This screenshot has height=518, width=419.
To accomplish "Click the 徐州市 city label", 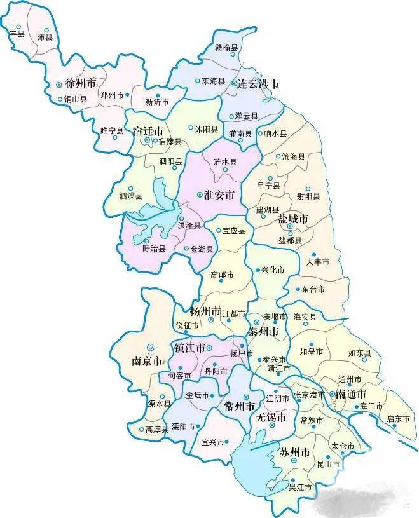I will click(81, 83).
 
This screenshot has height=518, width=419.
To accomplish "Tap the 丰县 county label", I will click(17, 34).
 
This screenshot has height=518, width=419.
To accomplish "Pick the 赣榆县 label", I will click(226, 47).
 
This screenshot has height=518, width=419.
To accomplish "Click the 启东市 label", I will click(399, 419).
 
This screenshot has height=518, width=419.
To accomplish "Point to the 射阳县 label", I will click(308, 196).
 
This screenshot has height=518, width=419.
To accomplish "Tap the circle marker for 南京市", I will click(151, 346).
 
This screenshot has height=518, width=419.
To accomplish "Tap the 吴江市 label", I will click(300, 487).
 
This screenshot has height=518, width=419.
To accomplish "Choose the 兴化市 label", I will click(273, 270).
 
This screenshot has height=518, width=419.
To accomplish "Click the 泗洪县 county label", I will click(130, 196).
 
